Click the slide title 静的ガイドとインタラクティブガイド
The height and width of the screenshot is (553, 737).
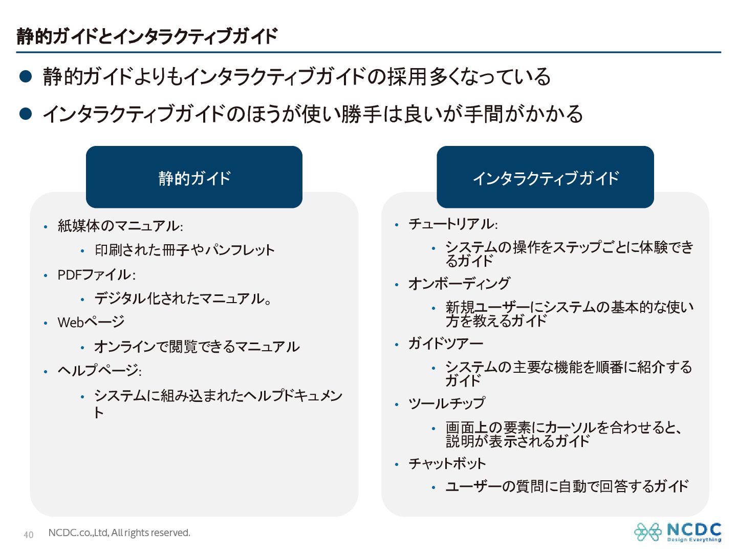147,36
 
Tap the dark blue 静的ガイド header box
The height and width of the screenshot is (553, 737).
194,177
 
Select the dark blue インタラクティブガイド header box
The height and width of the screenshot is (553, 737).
545,177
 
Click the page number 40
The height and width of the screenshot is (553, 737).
29,535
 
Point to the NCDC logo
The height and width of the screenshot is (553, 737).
678,532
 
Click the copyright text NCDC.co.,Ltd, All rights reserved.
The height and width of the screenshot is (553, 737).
119,533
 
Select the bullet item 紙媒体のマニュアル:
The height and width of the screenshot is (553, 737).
120,226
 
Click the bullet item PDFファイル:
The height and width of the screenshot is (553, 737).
96,275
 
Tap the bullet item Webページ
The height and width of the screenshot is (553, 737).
91,323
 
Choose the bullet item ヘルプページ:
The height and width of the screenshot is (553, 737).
99,371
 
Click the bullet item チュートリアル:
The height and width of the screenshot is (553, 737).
453,224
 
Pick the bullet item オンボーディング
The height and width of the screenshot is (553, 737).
459,284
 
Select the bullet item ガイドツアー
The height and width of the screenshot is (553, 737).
446,344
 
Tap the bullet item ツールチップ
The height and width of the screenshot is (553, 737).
447,403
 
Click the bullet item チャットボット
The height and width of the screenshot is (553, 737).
447,464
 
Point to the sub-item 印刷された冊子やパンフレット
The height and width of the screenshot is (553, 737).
185,250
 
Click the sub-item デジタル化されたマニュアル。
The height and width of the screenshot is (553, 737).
183,299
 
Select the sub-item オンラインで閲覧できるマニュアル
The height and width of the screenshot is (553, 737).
197,347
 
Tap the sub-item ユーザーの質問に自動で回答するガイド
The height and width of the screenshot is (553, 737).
567,486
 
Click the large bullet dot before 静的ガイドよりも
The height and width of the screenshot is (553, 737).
26,77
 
